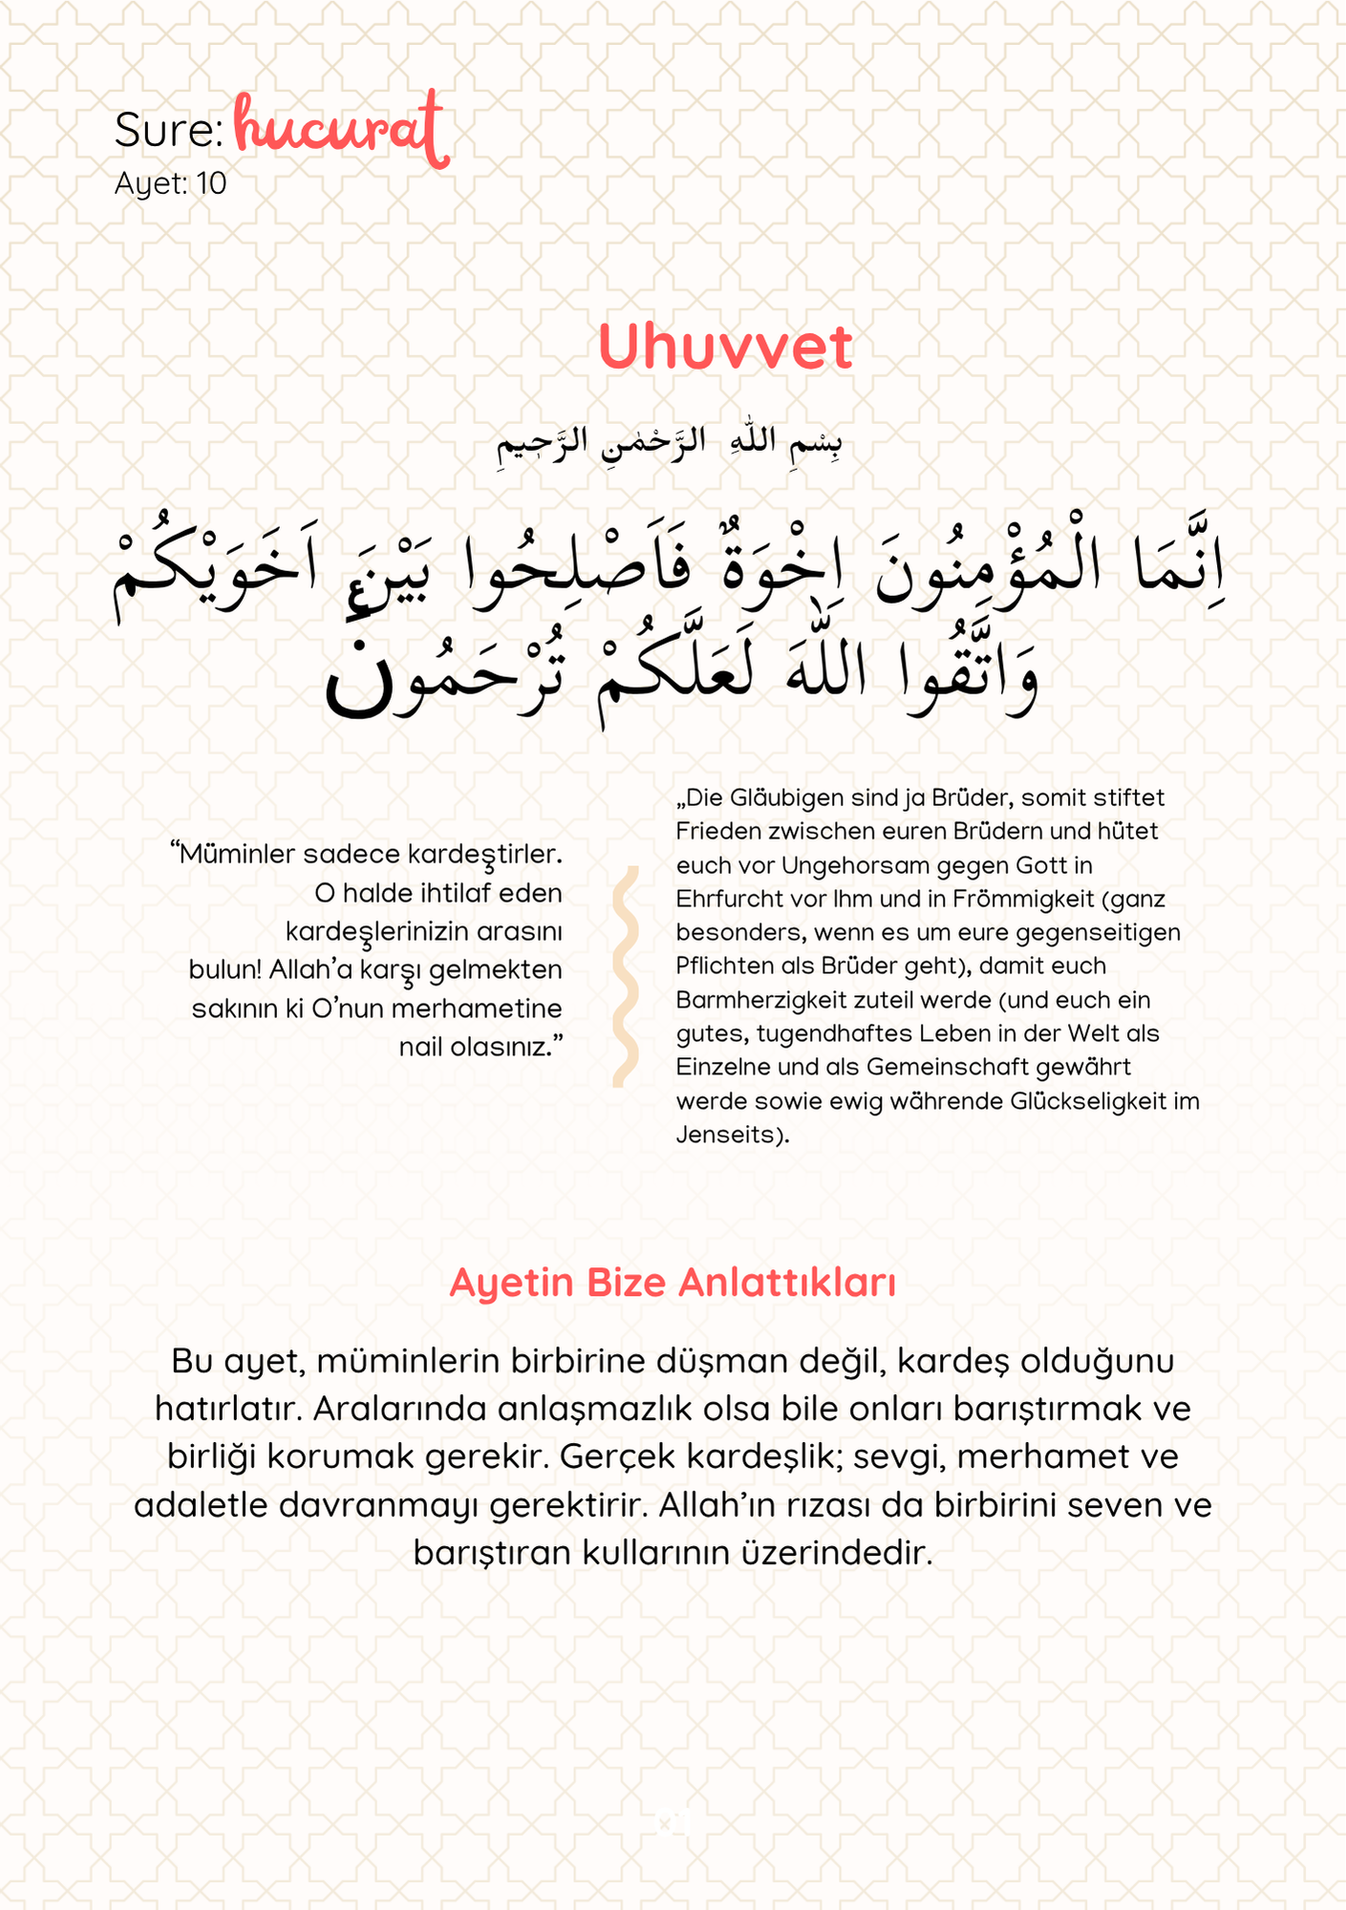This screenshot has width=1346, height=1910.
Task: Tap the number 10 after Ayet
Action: [x=211, y=183]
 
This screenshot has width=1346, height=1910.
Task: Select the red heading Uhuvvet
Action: [x=724, y=347]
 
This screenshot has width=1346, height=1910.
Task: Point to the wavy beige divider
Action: [x=626, y=976]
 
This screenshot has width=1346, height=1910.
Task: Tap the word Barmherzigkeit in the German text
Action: [x=752, y=1000]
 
